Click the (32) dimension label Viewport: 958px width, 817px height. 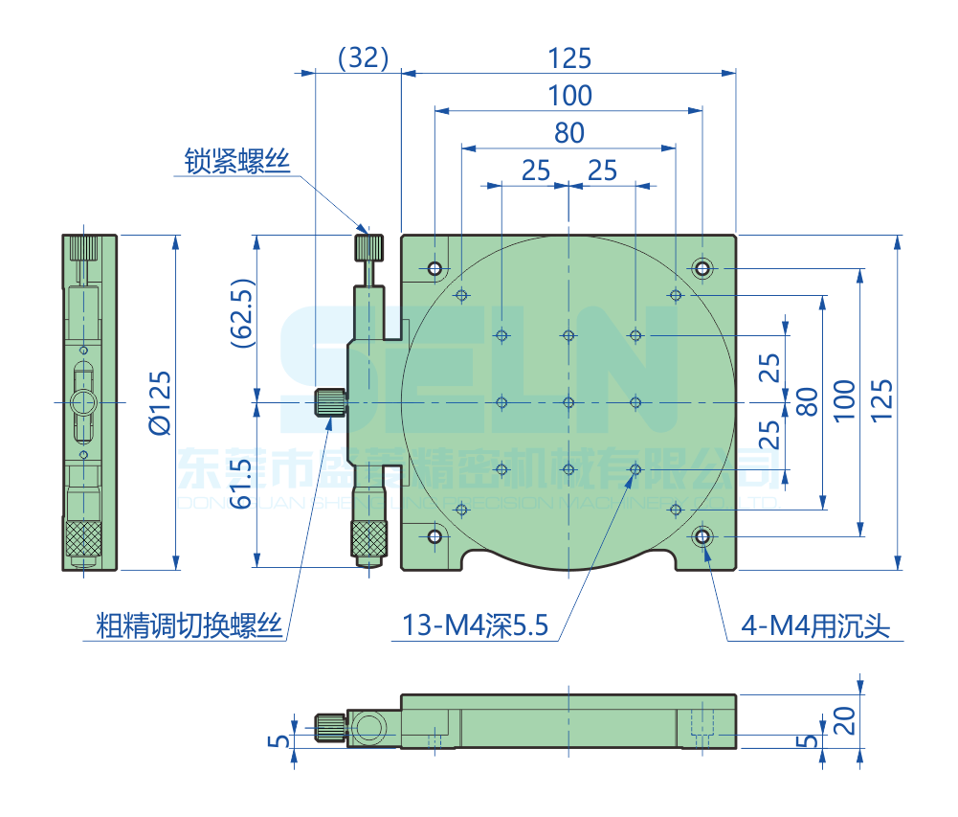(x=363, y=58)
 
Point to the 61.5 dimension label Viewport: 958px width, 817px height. (x=242, y=484)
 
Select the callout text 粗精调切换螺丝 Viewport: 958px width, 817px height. (x=189, y=626)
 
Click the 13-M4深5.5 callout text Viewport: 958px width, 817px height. (x=475, y=626)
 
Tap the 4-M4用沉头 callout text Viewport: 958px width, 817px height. (x=816, y=626)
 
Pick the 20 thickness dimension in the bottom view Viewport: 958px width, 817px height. (x=843, y=719)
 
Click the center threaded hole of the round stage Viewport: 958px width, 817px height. (x=568, y=402)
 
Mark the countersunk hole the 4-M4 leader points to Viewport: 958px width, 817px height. (x=703, y=536)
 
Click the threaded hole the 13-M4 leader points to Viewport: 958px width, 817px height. (x=635, y=469)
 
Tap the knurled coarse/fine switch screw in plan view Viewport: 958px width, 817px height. (x=329, y=402)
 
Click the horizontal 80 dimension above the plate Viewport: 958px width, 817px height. (x=568, y=133)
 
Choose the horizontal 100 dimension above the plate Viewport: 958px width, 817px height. (x=569, y=96)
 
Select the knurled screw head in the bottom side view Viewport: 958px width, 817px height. (x=330, y=728)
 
